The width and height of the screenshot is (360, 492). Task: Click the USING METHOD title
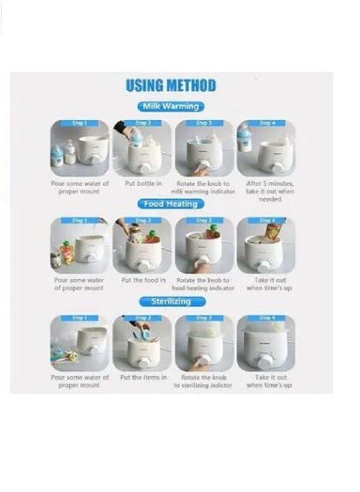click(171, 85)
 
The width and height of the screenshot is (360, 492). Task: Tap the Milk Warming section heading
click(171, 106)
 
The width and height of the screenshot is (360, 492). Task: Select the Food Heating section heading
click(171, 204)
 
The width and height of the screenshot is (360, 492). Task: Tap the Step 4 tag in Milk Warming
click(266, 124)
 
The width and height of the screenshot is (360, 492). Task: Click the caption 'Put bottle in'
click(142, 184)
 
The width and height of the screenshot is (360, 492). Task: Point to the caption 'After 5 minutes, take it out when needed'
click(266, 191)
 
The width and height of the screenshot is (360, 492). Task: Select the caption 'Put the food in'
click(142, 280)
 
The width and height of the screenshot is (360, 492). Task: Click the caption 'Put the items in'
click(142, 377)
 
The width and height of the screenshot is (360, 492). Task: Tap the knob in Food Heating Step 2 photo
click(144, 266)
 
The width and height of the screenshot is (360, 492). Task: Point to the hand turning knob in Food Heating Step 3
click(202, 268)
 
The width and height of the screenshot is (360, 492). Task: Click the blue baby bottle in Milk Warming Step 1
click(57, 155)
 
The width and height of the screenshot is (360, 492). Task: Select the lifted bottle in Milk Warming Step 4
click(245, 138)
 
